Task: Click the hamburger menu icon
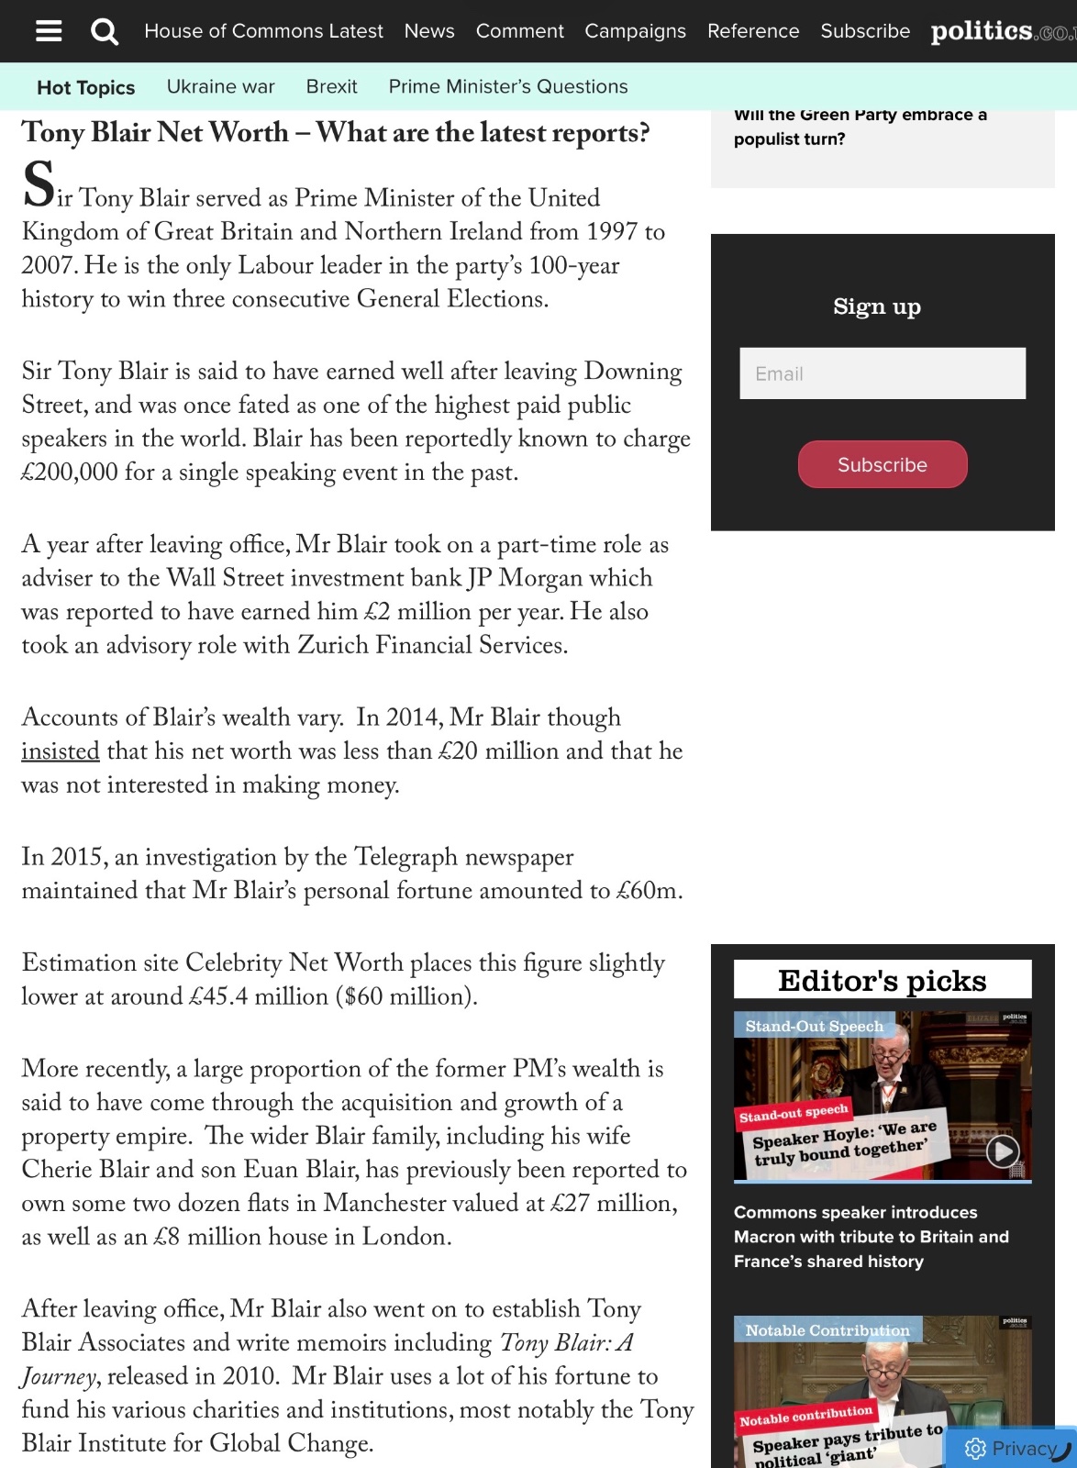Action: (x=49, y=31)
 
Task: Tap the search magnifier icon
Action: (x=105, y=32)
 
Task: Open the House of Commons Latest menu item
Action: (x=263, y=31)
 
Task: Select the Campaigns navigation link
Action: (x=635, y=31)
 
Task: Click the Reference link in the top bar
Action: (x=753, y=31)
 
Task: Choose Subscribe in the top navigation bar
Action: (x=865, y=31)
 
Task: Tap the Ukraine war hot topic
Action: (x=220, y=86)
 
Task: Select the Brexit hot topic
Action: (x=331, y=86)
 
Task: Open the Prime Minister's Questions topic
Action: (x=508, y=86)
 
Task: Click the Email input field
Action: (x=883, y=373)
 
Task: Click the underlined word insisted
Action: (x=61, y=751)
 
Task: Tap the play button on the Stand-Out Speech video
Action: (x=1003, y=1150)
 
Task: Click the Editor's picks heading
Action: (x=882, y=980)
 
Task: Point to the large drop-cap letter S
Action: (x=39, y=184)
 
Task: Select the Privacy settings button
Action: (x=1011, y=1448)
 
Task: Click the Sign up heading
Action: (x=877, y=306)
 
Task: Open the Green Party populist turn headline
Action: (x=860, y=127)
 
